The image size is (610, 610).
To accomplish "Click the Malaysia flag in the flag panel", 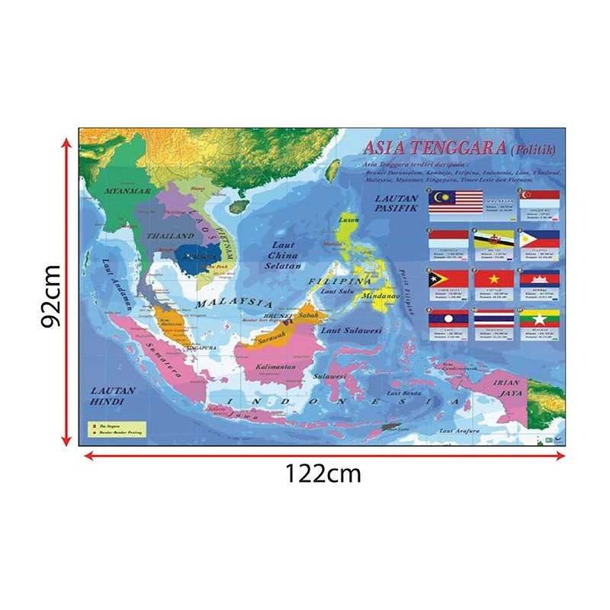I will pyautogui.click(x=456, y=201).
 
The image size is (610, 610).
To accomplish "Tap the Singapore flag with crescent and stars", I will pyautogui.click(x=540, y=200).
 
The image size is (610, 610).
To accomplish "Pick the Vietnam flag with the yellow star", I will pyautogui.click(x=493, y=279).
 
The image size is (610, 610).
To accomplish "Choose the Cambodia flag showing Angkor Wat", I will pyautogui.click(x=540, y=279).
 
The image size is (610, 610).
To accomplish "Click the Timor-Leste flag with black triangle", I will pyautogui.click(x=448, y=279).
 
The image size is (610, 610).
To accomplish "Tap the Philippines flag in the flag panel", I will pyautogui.click(x=540, y=240).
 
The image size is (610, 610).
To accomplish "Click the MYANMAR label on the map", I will pyautogui.click(x=127, y=189).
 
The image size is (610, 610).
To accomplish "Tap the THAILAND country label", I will pyautogui.click(x=165, y=236).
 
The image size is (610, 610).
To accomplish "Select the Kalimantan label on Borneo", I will pyautogui.click(x=275, y=367).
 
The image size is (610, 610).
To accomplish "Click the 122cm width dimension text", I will pyautogui.click(x=323, y=474).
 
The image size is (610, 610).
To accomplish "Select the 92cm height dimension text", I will pyautogui.click(x=52, y=296).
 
